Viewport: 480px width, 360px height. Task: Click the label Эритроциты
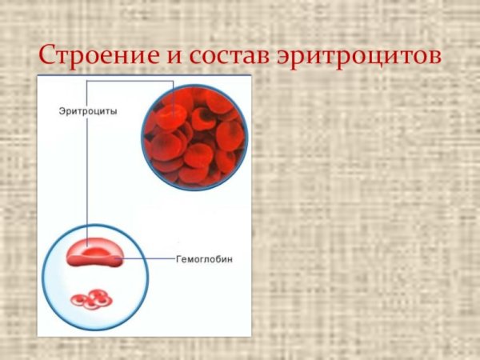pos(87,112)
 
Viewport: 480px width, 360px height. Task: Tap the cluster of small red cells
pos(91,299)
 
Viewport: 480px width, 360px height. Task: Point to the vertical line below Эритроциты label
pos(87,176)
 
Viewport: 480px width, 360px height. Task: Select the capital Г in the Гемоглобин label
pos(178,259)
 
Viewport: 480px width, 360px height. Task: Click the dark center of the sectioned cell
pos(94,252)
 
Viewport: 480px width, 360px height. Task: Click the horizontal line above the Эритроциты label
pos(128,81)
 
